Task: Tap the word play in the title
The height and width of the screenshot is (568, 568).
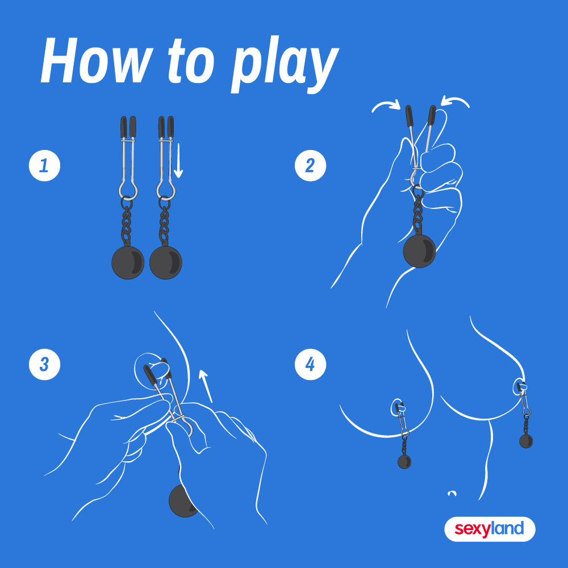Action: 285,65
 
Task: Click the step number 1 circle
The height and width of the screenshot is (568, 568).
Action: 44,165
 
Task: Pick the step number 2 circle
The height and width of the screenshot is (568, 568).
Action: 311,165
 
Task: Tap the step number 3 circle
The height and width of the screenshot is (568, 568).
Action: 44,364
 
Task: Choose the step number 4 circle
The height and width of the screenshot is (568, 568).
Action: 311,364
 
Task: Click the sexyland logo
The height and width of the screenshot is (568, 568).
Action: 490,529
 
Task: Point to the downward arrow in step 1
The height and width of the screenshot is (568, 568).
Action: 178,161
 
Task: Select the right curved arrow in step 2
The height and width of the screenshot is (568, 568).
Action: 456,102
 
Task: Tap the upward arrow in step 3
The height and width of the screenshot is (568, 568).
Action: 206,386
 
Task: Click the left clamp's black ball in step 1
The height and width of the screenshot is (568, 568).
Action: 128,262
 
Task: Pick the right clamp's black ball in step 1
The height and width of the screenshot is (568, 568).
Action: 166,262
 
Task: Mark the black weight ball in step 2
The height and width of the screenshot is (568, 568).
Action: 420,251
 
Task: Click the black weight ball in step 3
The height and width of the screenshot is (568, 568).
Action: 181,500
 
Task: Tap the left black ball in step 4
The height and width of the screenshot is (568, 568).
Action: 404,462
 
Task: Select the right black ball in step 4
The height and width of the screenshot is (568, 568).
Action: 526,441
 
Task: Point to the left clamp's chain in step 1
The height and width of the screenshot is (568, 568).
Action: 127,222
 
